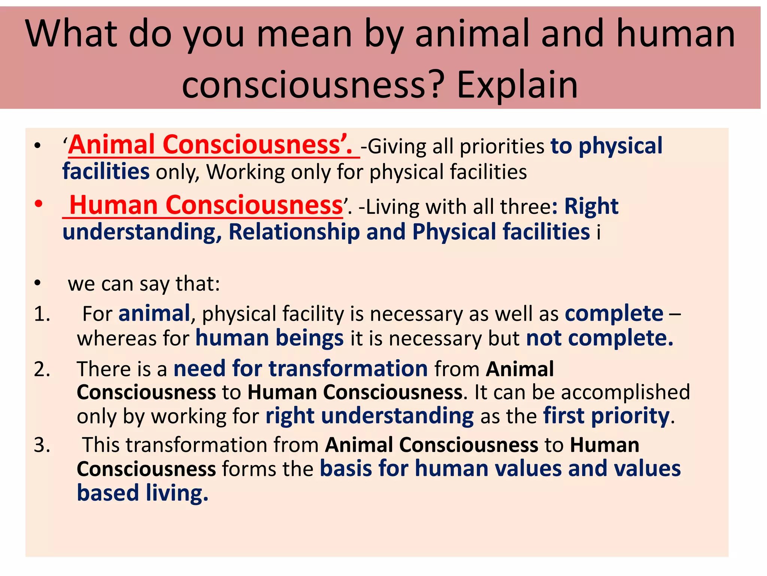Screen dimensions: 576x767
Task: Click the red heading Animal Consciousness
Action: pyautogui.click(x=210, y=145)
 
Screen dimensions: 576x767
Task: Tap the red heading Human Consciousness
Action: pyautogui.click(x=206, y=205)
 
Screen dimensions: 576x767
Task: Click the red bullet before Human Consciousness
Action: pyautogui.click(x=38, y=204)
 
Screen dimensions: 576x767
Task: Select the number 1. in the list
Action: pyautogui.click(x=42, y=314)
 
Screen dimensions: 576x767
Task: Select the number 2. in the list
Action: pyautogui.click(x=42, y=369)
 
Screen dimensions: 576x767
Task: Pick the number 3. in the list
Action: pyautogui.click(x=42, y=445)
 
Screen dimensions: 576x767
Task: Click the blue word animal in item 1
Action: pyautogui.click(x=154, y=313)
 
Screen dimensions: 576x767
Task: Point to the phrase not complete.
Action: pyautogui.click(x=599, y=338)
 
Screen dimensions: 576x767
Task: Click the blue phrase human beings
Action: pyautogui.click(x=269, y=338)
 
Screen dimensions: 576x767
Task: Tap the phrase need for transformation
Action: pyautogui.click(x=300, y=369)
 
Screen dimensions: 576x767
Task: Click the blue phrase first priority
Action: pyautogui.click(x=606, y=416)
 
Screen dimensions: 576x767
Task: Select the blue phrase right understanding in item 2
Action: pyautogui.click(x=369, y=416)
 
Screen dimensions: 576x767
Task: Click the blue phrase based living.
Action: pyautogui.click(x=142, y=493)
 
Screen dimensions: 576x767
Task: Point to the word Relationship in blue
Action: pyautogui.click(x=294, y=232)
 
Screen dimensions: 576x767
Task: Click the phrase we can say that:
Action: pyautogui.click(x=144, y=284)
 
